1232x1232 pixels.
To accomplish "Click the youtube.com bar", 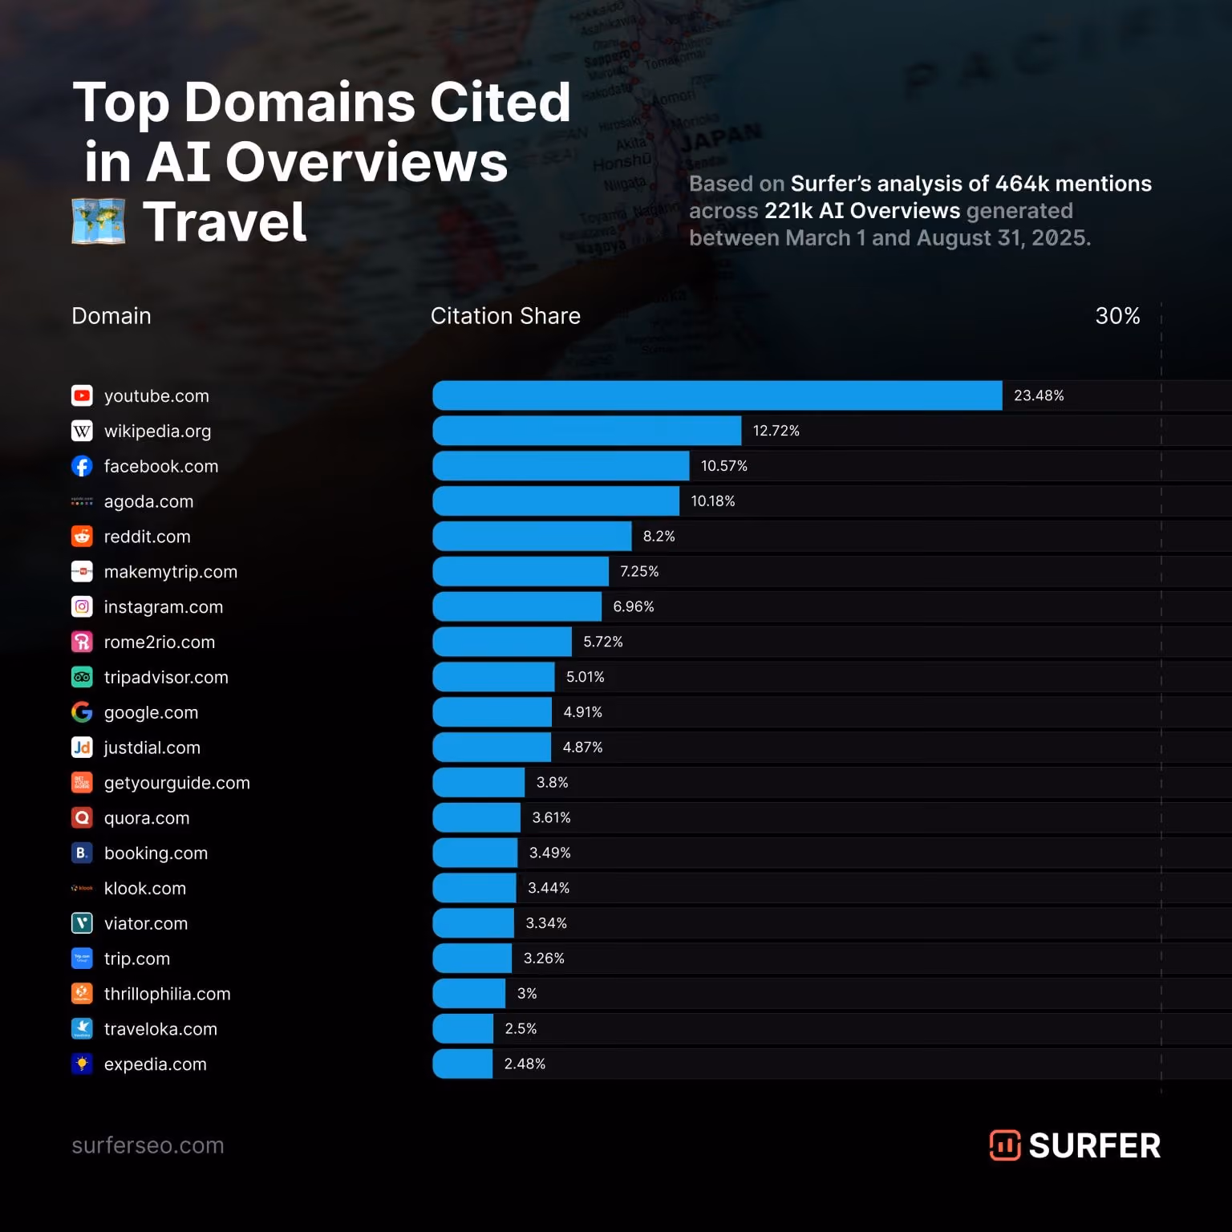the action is pyautogui.click(x=717, y=395).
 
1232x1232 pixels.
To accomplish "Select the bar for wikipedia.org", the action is pyautogui.click(x=587, y=431).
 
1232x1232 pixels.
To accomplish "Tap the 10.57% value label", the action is pyautogui.click(x=724, y=466).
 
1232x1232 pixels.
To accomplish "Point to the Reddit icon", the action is pyautogui.click(x=82, y=536).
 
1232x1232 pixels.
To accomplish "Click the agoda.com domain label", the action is pyautogui.click(x=148, y=501).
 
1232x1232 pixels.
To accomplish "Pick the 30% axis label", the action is pyautogui.click(x=1117, y=316).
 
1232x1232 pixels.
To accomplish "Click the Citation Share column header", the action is pyautogui.click(x=505, y=316).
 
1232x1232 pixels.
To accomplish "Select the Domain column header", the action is pyautogui.click(x=111, y=316).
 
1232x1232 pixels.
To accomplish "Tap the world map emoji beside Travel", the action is pyautogui.click(x=99, y=221).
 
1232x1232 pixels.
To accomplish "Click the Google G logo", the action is pyautogui.click(x=82, y=712).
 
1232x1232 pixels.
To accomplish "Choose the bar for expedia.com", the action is pyautogui.click(x=463, y=1064).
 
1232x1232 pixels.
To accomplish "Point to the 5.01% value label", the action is pyautogui.click(x=586, y=677).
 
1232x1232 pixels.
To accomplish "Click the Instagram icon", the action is pyautogui.click(x=82, y=606).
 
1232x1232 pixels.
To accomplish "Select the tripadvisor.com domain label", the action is pyautogui.click(x=166, y=678).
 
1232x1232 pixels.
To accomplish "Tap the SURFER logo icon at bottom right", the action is pyautogui.click(x=1005, y=1145).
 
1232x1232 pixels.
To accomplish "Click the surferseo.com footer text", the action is pyautogui.click(x=148, y=1145).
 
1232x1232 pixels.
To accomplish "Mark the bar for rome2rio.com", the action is pyautogui.click(x=502, y=642).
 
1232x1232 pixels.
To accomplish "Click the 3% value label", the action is pyautogui.click(x=527, y=993).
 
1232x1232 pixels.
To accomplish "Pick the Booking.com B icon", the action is pyautogui.click(x=82, y=853).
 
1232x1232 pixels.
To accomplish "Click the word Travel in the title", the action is pyautogui.click(x=225, y=222).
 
